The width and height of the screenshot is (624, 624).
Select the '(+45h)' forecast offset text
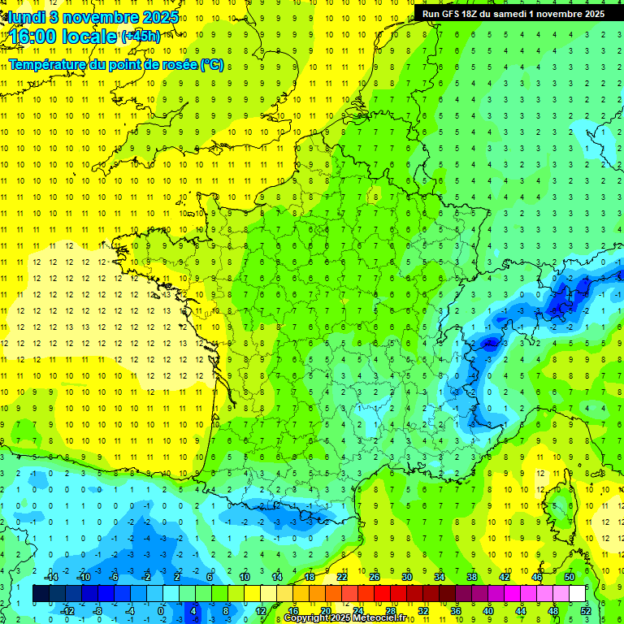(x=141, y=37)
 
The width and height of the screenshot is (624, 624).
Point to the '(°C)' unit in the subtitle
(x=212, y=64)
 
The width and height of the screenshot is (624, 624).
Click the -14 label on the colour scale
(x=50, y=577)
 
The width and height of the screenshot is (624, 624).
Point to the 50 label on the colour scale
(x=570, y=577)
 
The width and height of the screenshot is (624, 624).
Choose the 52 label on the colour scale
(x=586, y=610)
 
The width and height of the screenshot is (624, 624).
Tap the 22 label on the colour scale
(x=342, y=577)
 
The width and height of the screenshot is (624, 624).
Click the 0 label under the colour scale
(x=161, y=610)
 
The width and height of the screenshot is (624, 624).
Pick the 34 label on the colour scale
(x=440, y=577)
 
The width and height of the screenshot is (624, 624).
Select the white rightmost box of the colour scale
(x=578, y=594)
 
